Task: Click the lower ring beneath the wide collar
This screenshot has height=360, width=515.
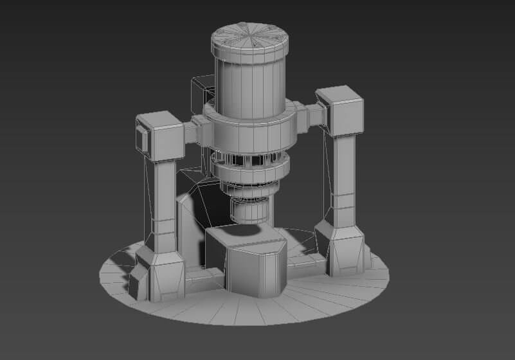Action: (249, 172)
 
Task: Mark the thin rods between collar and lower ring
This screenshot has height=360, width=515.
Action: (248, 158)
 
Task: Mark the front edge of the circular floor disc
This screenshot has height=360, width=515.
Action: (257, 315)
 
